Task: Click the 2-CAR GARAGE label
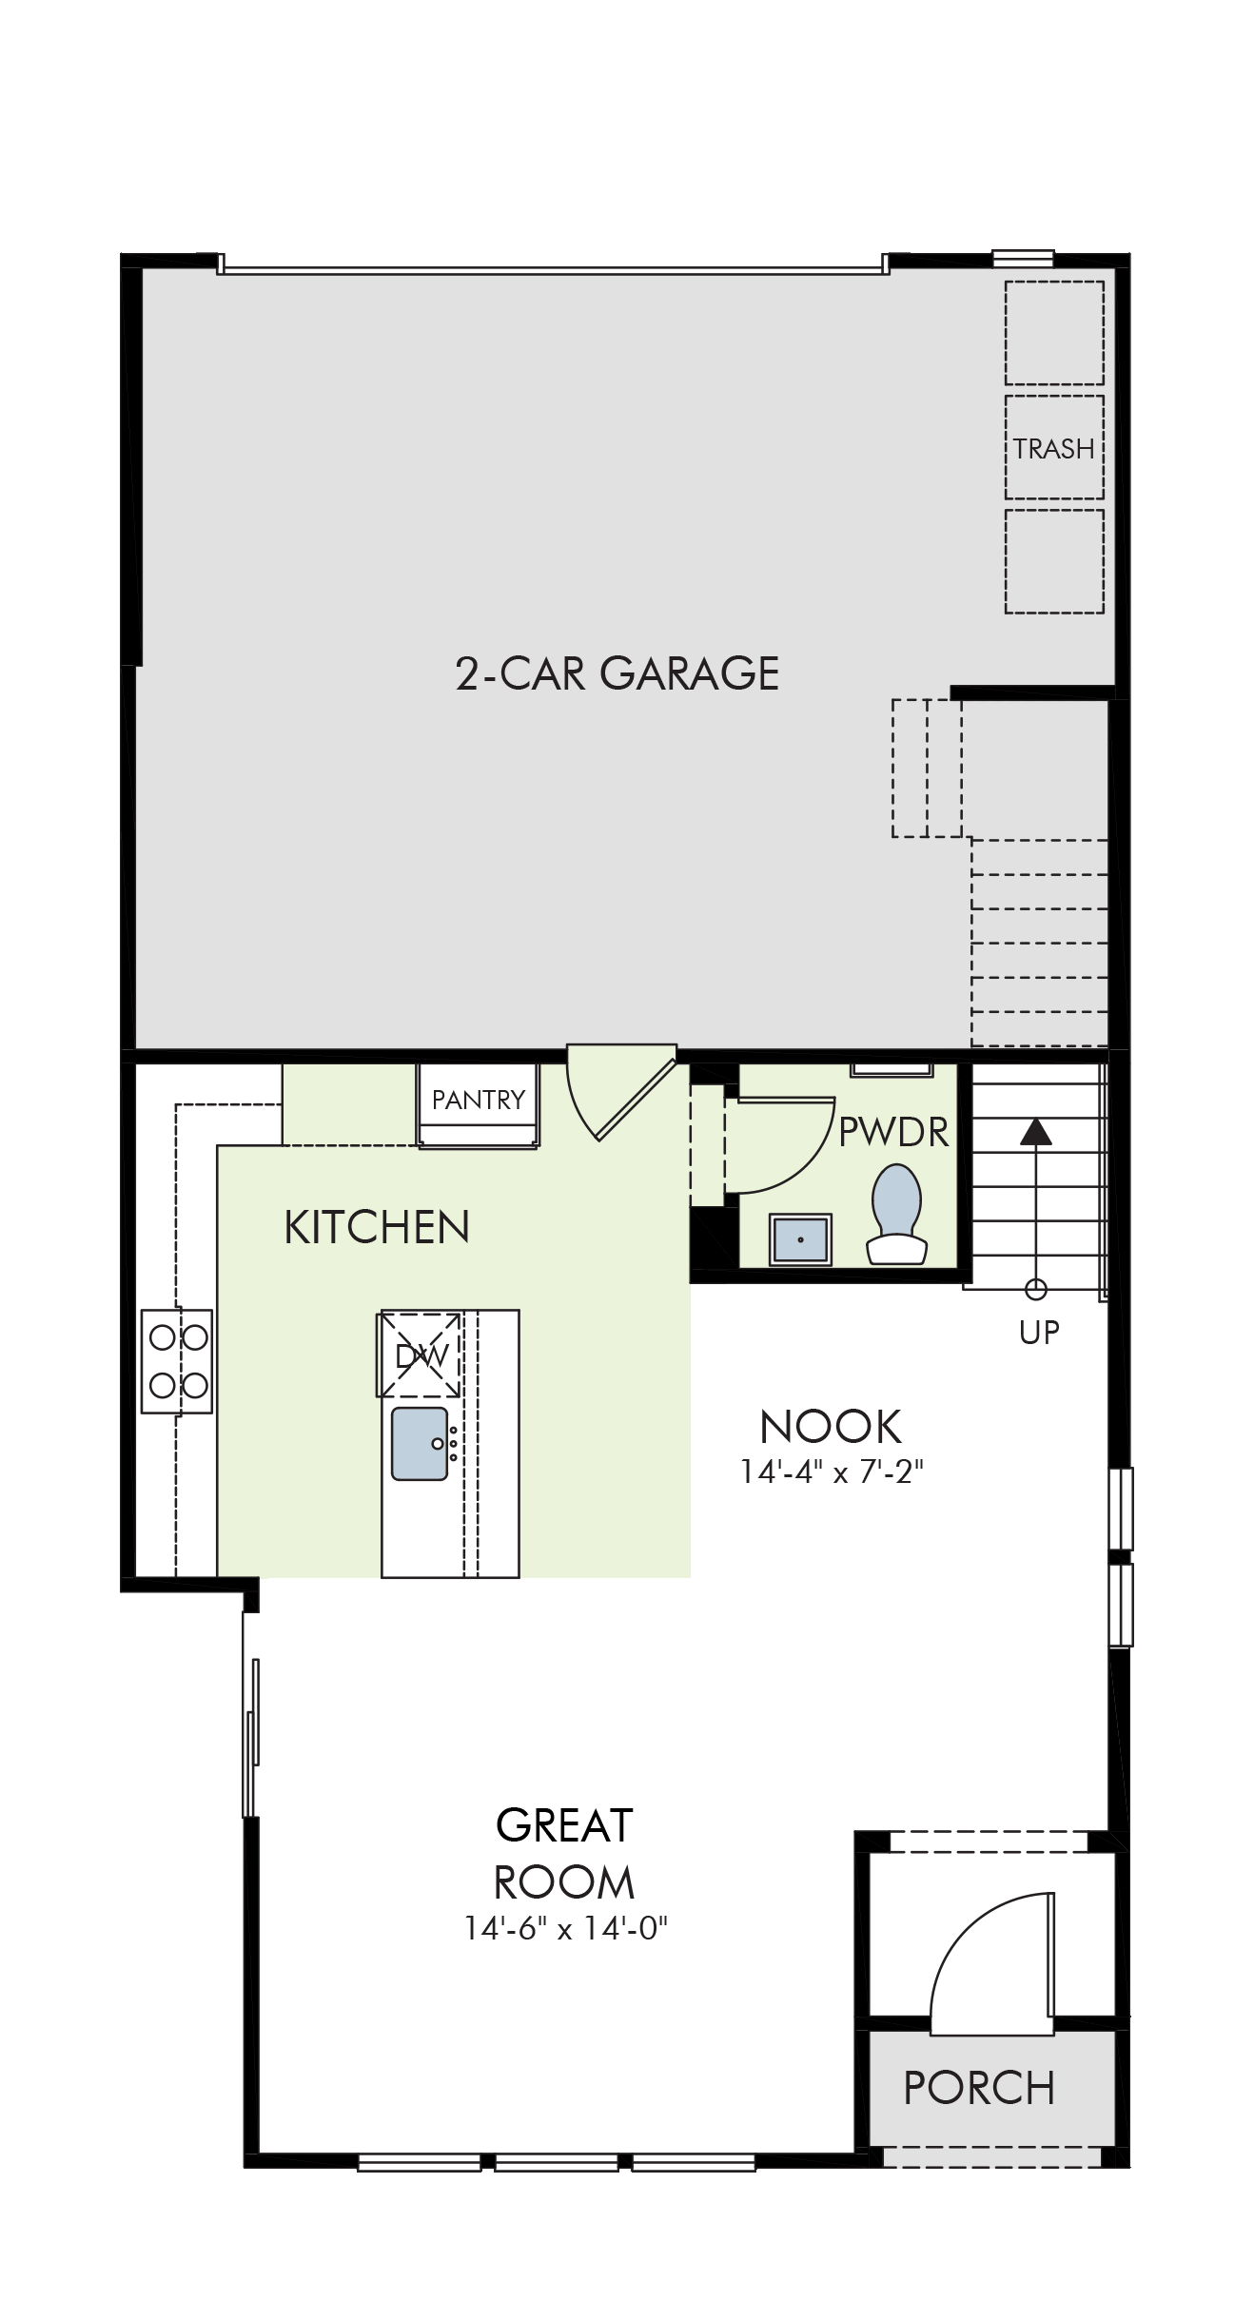617,673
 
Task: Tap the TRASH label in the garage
1053,448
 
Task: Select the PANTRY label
479,1100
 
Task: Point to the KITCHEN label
377,1227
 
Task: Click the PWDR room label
894,1132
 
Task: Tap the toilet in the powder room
896,1214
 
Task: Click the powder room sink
801,1239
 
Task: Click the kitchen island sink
420,1443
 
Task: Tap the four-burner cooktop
177,1361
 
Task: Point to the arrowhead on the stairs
1035,1131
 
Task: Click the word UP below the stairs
1039,1333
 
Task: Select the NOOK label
831,1427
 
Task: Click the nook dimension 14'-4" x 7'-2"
833,1472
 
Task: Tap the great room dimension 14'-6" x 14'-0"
566,1928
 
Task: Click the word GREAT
564,1825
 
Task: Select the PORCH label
979,2088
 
